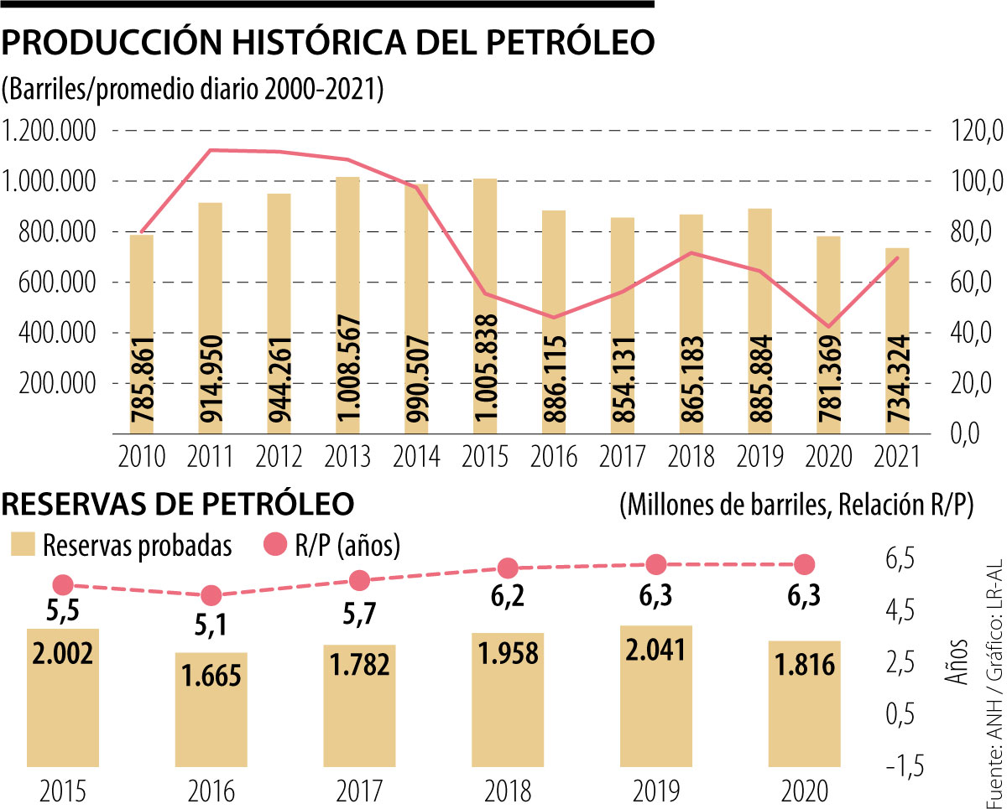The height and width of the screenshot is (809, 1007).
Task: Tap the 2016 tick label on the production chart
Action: tap(553, 458)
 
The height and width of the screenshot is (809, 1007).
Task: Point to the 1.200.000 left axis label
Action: tap(50, 131)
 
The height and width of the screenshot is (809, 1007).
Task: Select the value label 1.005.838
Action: tap(486, 370)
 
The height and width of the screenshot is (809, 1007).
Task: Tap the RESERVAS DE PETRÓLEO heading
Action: tap(179, 505)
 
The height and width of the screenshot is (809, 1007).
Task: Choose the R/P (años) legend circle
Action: tap(274, 546)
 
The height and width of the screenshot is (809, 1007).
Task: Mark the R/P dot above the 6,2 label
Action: tap(508, 568)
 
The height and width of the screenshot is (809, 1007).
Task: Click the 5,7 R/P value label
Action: tap(359, 615)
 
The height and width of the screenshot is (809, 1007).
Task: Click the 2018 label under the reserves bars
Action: tap(508, 791)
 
